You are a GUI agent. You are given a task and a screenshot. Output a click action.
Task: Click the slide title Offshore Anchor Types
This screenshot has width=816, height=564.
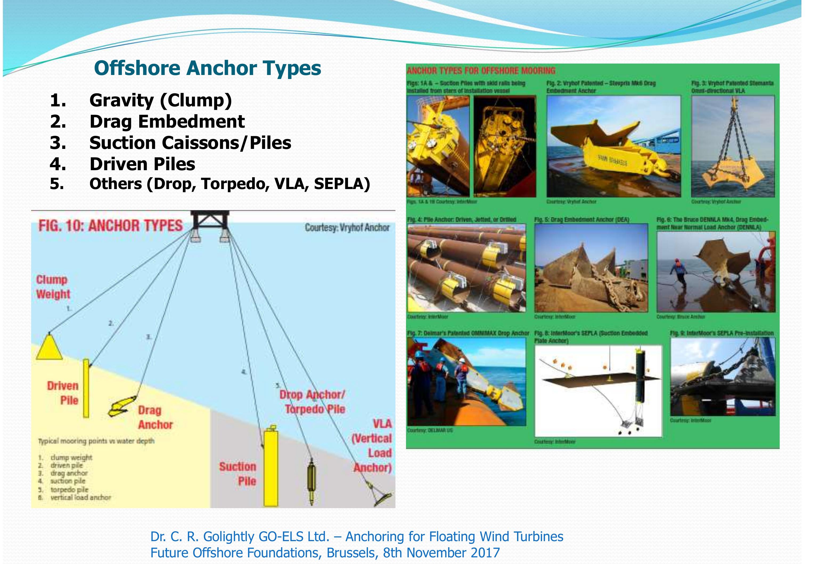pos(207,68)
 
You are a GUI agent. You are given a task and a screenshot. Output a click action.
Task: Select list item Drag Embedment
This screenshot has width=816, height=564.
pos(167,122)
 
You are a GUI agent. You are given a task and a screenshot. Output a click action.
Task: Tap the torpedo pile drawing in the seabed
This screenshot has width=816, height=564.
pos(311,481)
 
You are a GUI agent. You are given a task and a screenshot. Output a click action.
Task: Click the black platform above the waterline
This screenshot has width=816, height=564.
pos(210,221)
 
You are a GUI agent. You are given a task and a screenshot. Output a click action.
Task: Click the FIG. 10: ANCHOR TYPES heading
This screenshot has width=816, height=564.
pos(110,226)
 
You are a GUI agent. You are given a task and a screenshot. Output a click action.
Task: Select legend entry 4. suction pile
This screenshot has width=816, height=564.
pos(67,481)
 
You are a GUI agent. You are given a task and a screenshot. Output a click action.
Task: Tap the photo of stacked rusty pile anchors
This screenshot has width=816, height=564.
pos(466,268)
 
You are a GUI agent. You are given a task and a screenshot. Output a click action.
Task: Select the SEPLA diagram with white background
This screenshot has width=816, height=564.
pos(598,390)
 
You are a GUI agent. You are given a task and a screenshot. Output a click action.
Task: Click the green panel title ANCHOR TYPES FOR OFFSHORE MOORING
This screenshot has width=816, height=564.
pos(481,71)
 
